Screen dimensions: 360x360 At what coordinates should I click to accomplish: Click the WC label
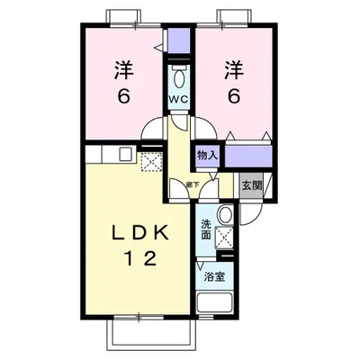[x=178, y=99]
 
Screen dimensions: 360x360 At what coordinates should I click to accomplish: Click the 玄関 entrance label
[x=251, y=185]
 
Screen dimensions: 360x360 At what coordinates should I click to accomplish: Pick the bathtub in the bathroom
[x=215, y=299]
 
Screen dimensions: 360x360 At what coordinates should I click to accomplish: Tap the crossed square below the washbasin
[x=224, y=239]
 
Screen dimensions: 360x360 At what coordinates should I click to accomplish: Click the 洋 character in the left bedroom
[x=123, y=67]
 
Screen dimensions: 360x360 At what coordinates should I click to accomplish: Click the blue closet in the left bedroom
[x=178, y=40]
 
